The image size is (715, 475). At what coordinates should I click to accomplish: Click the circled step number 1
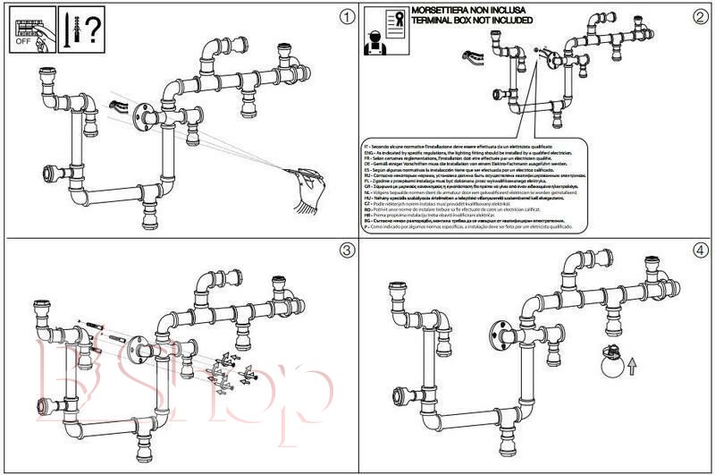pos(342,17)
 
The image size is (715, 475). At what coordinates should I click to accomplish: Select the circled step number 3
pos(342,250)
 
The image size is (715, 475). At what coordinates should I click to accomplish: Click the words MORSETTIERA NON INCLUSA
pos(464,11)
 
